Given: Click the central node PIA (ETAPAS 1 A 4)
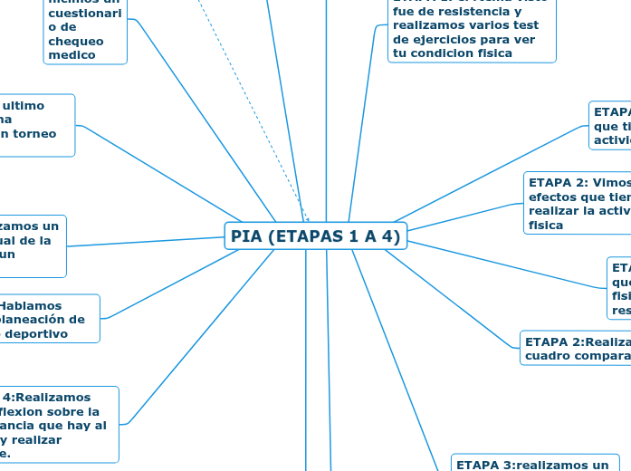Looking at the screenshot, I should click(315, 236).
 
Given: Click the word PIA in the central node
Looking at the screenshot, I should click(245, 236).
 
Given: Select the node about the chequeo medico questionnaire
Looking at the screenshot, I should click(85, 33).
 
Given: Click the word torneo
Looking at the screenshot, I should click(35, 133).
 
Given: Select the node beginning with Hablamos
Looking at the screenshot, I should click(50, 319).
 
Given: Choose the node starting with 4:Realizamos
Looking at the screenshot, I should click(60, 424).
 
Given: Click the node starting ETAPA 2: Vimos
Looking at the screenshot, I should click(578, 202).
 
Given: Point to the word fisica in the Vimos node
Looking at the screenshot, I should click(546, 225).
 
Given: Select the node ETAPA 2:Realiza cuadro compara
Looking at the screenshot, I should click(576, 348).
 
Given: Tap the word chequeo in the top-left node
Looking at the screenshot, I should click(76, 41).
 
